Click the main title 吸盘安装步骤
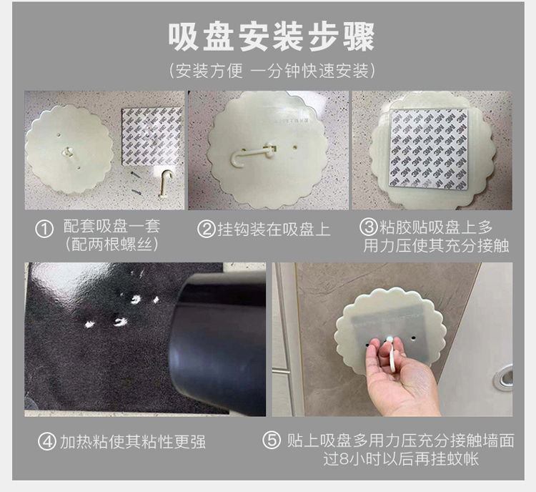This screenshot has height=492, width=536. pos(272,37)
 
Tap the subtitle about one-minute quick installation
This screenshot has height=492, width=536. pos(272,72)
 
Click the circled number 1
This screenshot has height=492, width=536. pos(44,230)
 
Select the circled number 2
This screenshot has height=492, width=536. pos(206,230)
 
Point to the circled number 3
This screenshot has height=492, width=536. pos(369,227)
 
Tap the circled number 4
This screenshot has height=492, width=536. pos(47,441)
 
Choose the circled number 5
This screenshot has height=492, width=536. pos(272,441)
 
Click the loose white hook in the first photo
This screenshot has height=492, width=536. pos(166,184)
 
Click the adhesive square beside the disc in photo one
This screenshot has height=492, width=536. pos(152,137)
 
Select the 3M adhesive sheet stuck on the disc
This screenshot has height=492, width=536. pos(428,149)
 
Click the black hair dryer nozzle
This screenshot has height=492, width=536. pos(217,342)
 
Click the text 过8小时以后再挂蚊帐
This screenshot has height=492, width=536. pos(401,459)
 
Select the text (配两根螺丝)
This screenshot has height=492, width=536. pos(111,245)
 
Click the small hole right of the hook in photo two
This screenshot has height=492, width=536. pos(295,148)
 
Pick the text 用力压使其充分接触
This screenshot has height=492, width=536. pos(436,246)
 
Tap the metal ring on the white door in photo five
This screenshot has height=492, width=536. pos(504,378)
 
